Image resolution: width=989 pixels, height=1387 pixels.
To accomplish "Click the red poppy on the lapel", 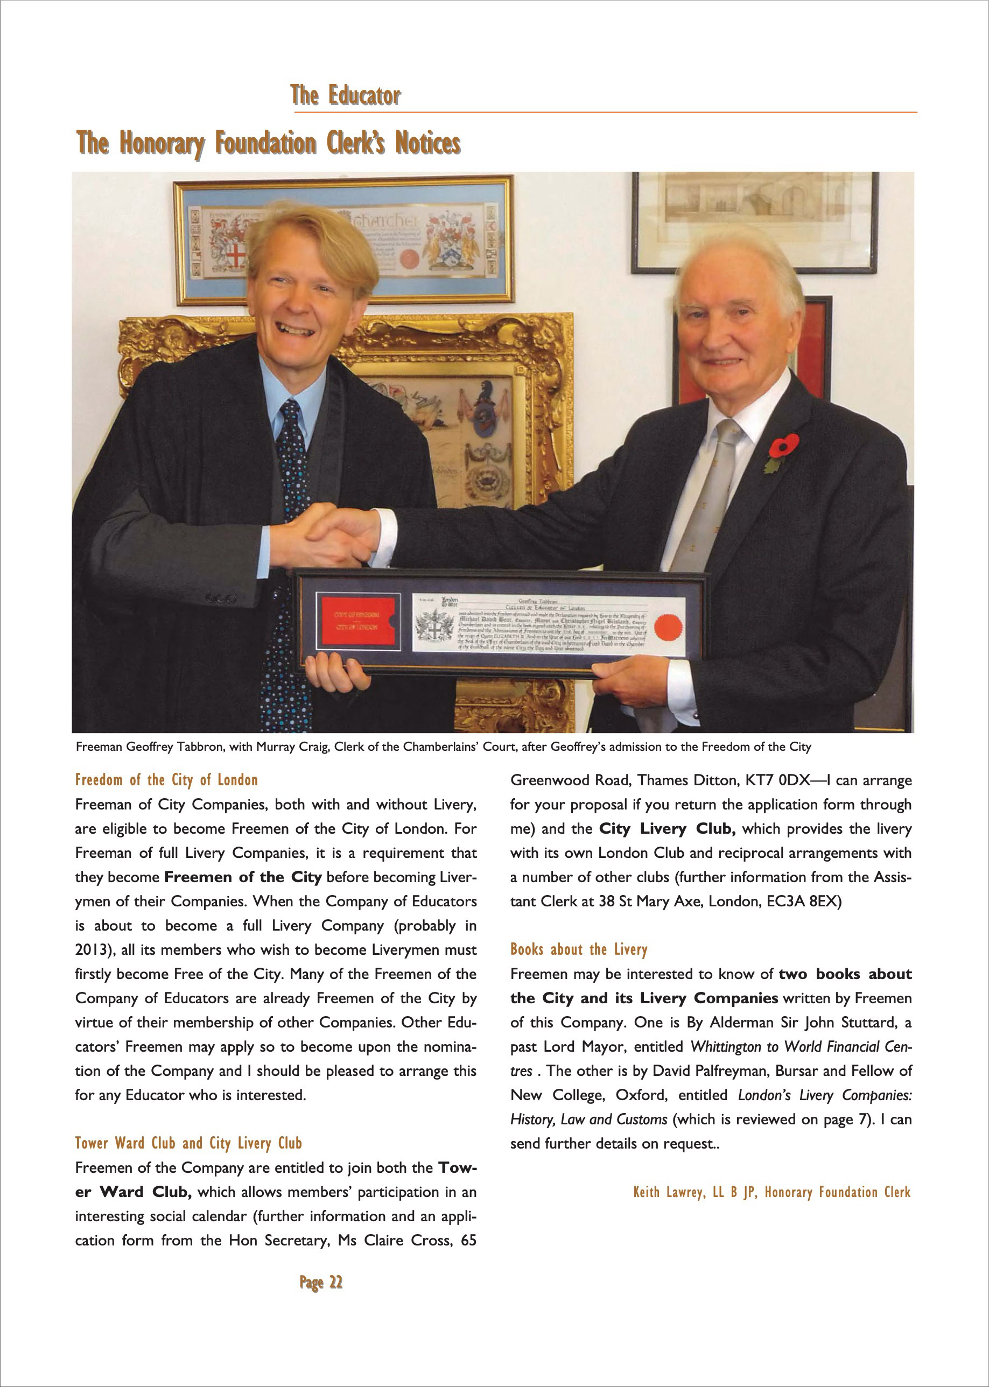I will (x=783, y=446).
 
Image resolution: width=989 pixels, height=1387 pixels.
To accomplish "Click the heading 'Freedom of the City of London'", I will (x=166, y=780).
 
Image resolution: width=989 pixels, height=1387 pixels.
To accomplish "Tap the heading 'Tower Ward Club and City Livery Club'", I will (x=188, y=1143).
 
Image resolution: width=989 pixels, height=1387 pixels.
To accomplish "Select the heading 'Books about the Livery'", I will (x=579, y=949).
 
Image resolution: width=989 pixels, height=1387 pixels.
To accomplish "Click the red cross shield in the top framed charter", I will (x=236, y=255).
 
